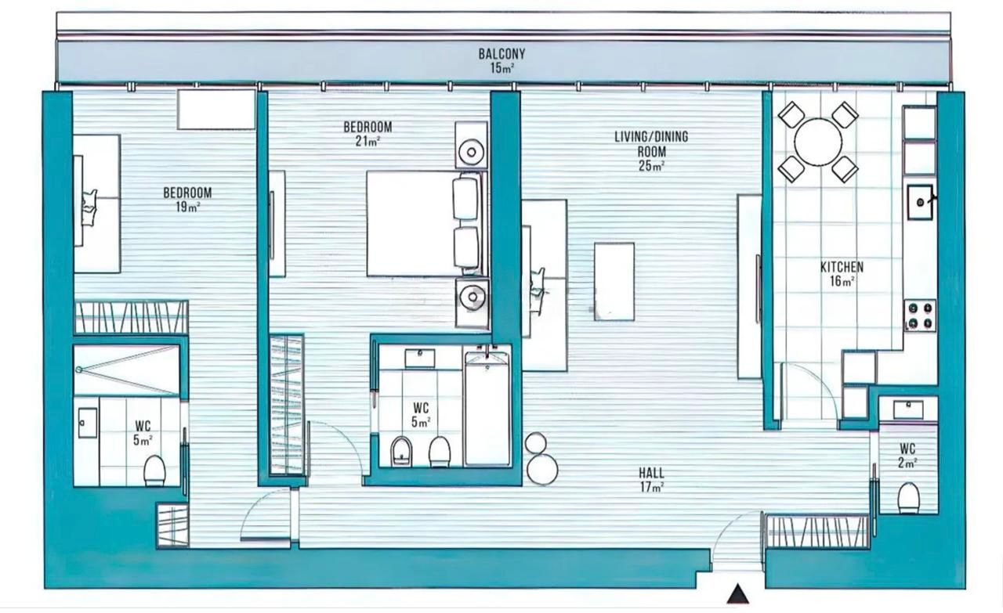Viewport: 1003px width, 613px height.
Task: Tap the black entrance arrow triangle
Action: click(x=737, y=594)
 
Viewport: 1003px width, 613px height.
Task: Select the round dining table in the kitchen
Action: click(x=818, y=142)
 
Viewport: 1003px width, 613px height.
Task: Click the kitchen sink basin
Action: click(x=920, y=202)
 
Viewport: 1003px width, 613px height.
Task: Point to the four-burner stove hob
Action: click(x=921, y=316)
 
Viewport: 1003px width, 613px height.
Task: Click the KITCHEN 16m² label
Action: click(x=842, y=274)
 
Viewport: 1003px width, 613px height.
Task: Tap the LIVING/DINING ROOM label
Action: click(x=651, y=151)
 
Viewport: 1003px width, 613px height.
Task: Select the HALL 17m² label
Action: click(x=651, y=480)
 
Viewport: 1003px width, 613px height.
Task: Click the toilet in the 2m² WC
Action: click(x=909, y=498)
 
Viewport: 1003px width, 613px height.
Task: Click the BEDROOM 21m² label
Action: click(x=368, y=134)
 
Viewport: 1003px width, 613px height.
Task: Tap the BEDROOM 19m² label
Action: click(x=187, y=200)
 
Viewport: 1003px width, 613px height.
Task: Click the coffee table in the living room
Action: click(x=614, y=281)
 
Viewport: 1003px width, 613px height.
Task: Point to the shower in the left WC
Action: click(x=127, y=370)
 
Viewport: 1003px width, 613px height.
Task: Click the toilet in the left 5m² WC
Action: click(x=154, y=471)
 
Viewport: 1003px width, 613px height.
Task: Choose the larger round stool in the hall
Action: click(x=542, y=470)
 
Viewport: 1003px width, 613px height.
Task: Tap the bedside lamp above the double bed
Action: click(x=472, y=152)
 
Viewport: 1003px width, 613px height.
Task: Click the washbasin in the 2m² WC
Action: click(x=908, y=409)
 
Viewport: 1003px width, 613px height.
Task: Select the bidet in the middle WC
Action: click(x=401, y=452)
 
